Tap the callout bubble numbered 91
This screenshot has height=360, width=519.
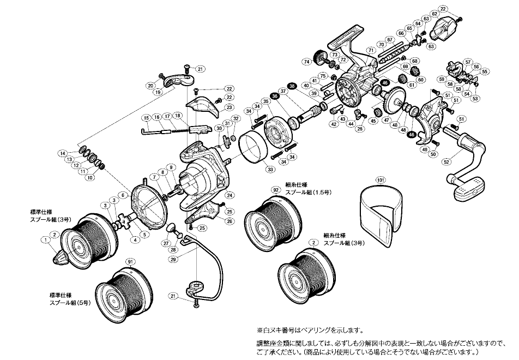point(129,261)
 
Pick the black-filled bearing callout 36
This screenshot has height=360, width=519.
point(275,95)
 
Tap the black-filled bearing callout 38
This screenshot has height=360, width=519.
point(292,86)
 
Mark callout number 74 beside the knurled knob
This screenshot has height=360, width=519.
point(306,61)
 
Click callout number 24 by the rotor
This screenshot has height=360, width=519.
point(230,195)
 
